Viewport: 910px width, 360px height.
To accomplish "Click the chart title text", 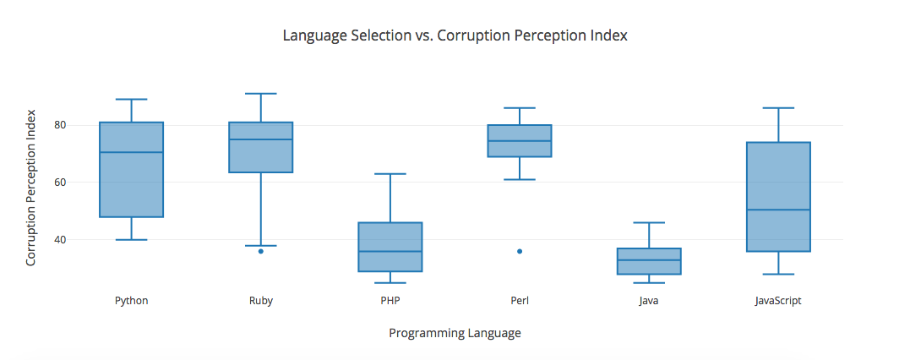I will pyautogui.click(x=455, y=36).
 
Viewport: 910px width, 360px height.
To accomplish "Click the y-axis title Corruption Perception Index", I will pyautogui.click(x=31, y=188).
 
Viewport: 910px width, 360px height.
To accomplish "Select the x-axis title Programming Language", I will pyautogui.click(x=455, y=333).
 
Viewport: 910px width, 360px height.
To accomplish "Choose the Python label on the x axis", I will pyautogui.click(x=131, y=300).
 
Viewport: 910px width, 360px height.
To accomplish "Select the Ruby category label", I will pyautogui.click(x=260, y=300).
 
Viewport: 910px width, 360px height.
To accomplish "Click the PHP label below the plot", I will pyautogui.click(x=390, y=300).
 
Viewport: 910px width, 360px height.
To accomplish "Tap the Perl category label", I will pyautogui.click(x=520, y=300).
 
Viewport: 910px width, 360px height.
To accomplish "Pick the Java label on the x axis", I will pyautogui.click(x=649, y=300).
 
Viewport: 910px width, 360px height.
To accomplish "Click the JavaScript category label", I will pyautogui.click(x=778, y=300).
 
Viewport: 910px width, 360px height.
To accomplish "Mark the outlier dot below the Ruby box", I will pyautogui.click(x=261, y=251).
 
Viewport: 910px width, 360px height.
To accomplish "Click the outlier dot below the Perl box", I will pyautogui.click(x=520, y=251).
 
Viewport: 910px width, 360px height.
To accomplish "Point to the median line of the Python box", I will pyautogui.click(x=131, y=152).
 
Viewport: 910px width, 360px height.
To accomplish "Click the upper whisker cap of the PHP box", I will pyautogui.click(x=390, y=174).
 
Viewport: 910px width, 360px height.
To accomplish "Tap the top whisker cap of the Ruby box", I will pyautogui.click(x=260, y=94).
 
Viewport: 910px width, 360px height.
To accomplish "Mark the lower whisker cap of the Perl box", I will pyautogui.click(x=520, y=180).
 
